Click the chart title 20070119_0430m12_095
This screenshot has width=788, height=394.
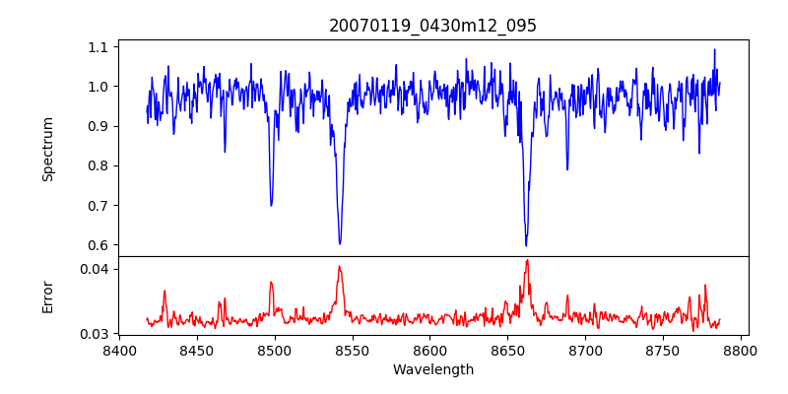tap(432, 26)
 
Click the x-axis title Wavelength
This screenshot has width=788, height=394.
tap(432, 369)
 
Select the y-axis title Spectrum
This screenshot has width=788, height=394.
tap(47, 149)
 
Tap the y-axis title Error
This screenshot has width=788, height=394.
tap(47, 296)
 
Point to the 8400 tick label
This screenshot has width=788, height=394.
tap(119, 350)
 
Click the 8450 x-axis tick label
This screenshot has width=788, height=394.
tap(197, 350)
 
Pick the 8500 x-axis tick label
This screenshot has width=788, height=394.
tap(275, 350)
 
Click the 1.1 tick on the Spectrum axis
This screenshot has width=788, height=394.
tap(98, 47)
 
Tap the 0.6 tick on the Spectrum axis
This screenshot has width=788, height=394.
tap(98, 245)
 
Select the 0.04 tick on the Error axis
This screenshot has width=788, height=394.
tap(95, 269)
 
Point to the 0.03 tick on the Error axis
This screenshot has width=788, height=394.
tap(95, 334)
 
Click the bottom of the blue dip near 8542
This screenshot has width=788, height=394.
tap(340, 243)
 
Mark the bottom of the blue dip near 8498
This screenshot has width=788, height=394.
tap(271, 205)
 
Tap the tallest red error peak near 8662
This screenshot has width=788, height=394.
tap(527, 260)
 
